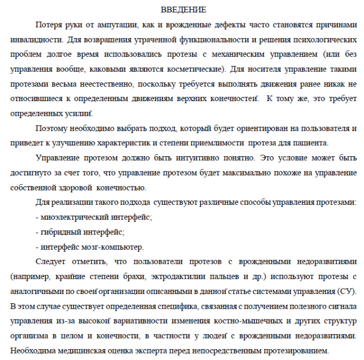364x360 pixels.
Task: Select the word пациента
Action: point(310,143)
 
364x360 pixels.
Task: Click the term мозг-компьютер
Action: point(115,246)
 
